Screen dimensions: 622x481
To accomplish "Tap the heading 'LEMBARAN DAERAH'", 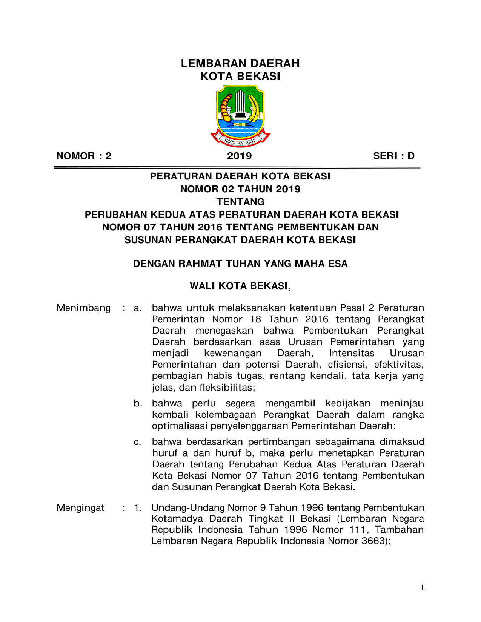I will point(240,63).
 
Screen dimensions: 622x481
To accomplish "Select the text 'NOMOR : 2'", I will point(84,156).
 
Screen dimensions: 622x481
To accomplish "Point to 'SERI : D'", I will point(394,156).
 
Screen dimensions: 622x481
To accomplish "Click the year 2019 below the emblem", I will point(240,156).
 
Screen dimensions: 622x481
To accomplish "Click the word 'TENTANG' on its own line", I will point(240,202).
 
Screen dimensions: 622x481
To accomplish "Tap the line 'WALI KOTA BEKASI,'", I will point(240,286).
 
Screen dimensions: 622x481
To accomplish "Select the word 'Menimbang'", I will point(83,308).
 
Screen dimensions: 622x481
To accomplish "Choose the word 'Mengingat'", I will point(80,508).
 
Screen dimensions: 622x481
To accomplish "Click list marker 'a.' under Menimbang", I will point(138,308).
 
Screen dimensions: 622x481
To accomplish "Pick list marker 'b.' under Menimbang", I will point(138,404).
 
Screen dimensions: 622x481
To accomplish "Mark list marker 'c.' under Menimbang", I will point(138,442).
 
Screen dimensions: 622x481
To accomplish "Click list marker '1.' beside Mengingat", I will point(138,508).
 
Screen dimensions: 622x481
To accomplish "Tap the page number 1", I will point(423,587).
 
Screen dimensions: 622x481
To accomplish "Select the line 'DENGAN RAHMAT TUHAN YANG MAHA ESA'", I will point(240,264).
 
